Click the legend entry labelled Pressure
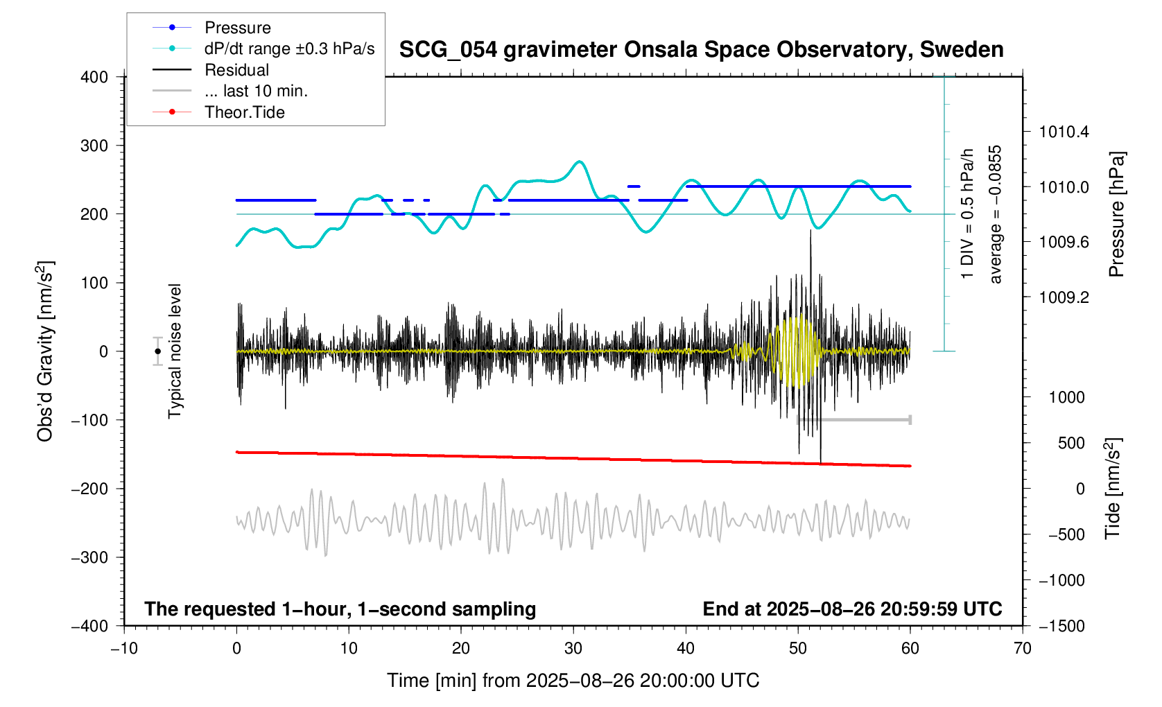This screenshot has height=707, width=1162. (x=237, y=28)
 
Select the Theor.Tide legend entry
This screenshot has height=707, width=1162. (x=244, y=112)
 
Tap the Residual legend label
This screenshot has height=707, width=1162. (x=236, y=70)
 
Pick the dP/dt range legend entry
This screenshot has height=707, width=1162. (x=289, y=49)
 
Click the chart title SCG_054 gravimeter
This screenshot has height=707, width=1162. (x=701, y=50)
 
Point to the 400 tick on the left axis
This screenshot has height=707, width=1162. (x=94, y=77)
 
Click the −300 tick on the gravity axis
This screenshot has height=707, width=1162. (x=89, y=557)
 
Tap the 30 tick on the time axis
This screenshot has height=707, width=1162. (x=573, y=649)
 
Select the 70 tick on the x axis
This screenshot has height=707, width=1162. (x=1022, y=649)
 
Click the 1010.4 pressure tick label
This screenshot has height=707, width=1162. (x=1064, y=132)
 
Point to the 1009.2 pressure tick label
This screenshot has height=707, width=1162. (x=1064, y=297)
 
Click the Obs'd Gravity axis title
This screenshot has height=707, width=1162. (x=45, y=351)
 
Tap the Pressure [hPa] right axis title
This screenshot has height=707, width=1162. (x=1116, y=214)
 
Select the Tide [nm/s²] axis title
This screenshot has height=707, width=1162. (x=1112, y=489)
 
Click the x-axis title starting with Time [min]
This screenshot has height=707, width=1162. (x=573, y=681)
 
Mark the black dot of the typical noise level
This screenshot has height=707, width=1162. (x=157, y=351)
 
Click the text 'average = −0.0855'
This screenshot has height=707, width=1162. (x=996, y=214)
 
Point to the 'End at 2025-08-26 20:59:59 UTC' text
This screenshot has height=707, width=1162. (x=852, y=609)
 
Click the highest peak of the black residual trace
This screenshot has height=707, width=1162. (x=810, y=231)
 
